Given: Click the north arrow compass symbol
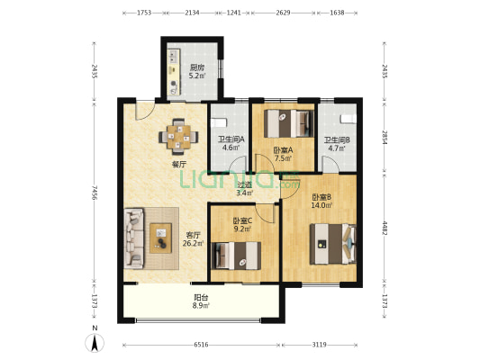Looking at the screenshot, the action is pyautogui.click(x=95, y=343).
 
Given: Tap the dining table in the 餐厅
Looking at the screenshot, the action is pyautogui.click(x=178, y=137).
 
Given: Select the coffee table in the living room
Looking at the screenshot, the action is pyautogui.click(x=160, y=238).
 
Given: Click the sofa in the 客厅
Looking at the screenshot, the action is pyautogui.click(x=134, y=238).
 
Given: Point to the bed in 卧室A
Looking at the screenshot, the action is pyautogui.click(x=289, y=123).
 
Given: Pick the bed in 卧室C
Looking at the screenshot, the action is pyautogui.click(x=236, y=256).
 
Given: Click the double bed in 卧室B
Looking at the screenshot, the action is pyautogui.click(x=333, y=244).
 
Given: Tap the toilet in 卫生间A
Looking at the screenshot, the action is pyautogui.click(x=218, y=123).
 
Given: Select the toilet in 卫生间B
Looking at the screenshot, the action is pyautogui.click(x=349, y=119).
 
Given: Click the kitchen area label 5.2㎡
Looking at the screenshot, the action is pyautogui.click(x=197, y=76).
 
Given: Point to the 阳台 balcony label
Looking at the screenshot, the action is pyautogui.click(x=202, y=297).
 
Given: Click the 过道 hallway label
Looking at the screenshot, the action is pyautogui.click(x=245, y=184).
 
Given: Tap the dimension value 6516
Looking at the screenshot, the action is pyautogui.click(x=201, y=345).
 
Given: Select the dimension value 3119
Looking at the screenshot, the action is pyautogui.click(x=320, y=345).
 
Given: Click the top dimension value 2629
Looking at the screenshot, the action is pyautogui.click(x=283, y=13).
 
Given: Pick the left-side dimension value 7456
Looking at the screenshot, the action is pyautogui.click(x=95, y=193).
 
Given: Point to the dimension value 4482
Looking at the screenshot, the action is pyautogui.click(x=385, y=228).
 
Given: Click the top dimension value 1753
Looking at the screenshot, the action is pyautogui.click(x=144, y=13).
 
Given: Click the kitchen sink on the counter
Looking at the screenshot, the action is pyautogui.click(x=174, y=56).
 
